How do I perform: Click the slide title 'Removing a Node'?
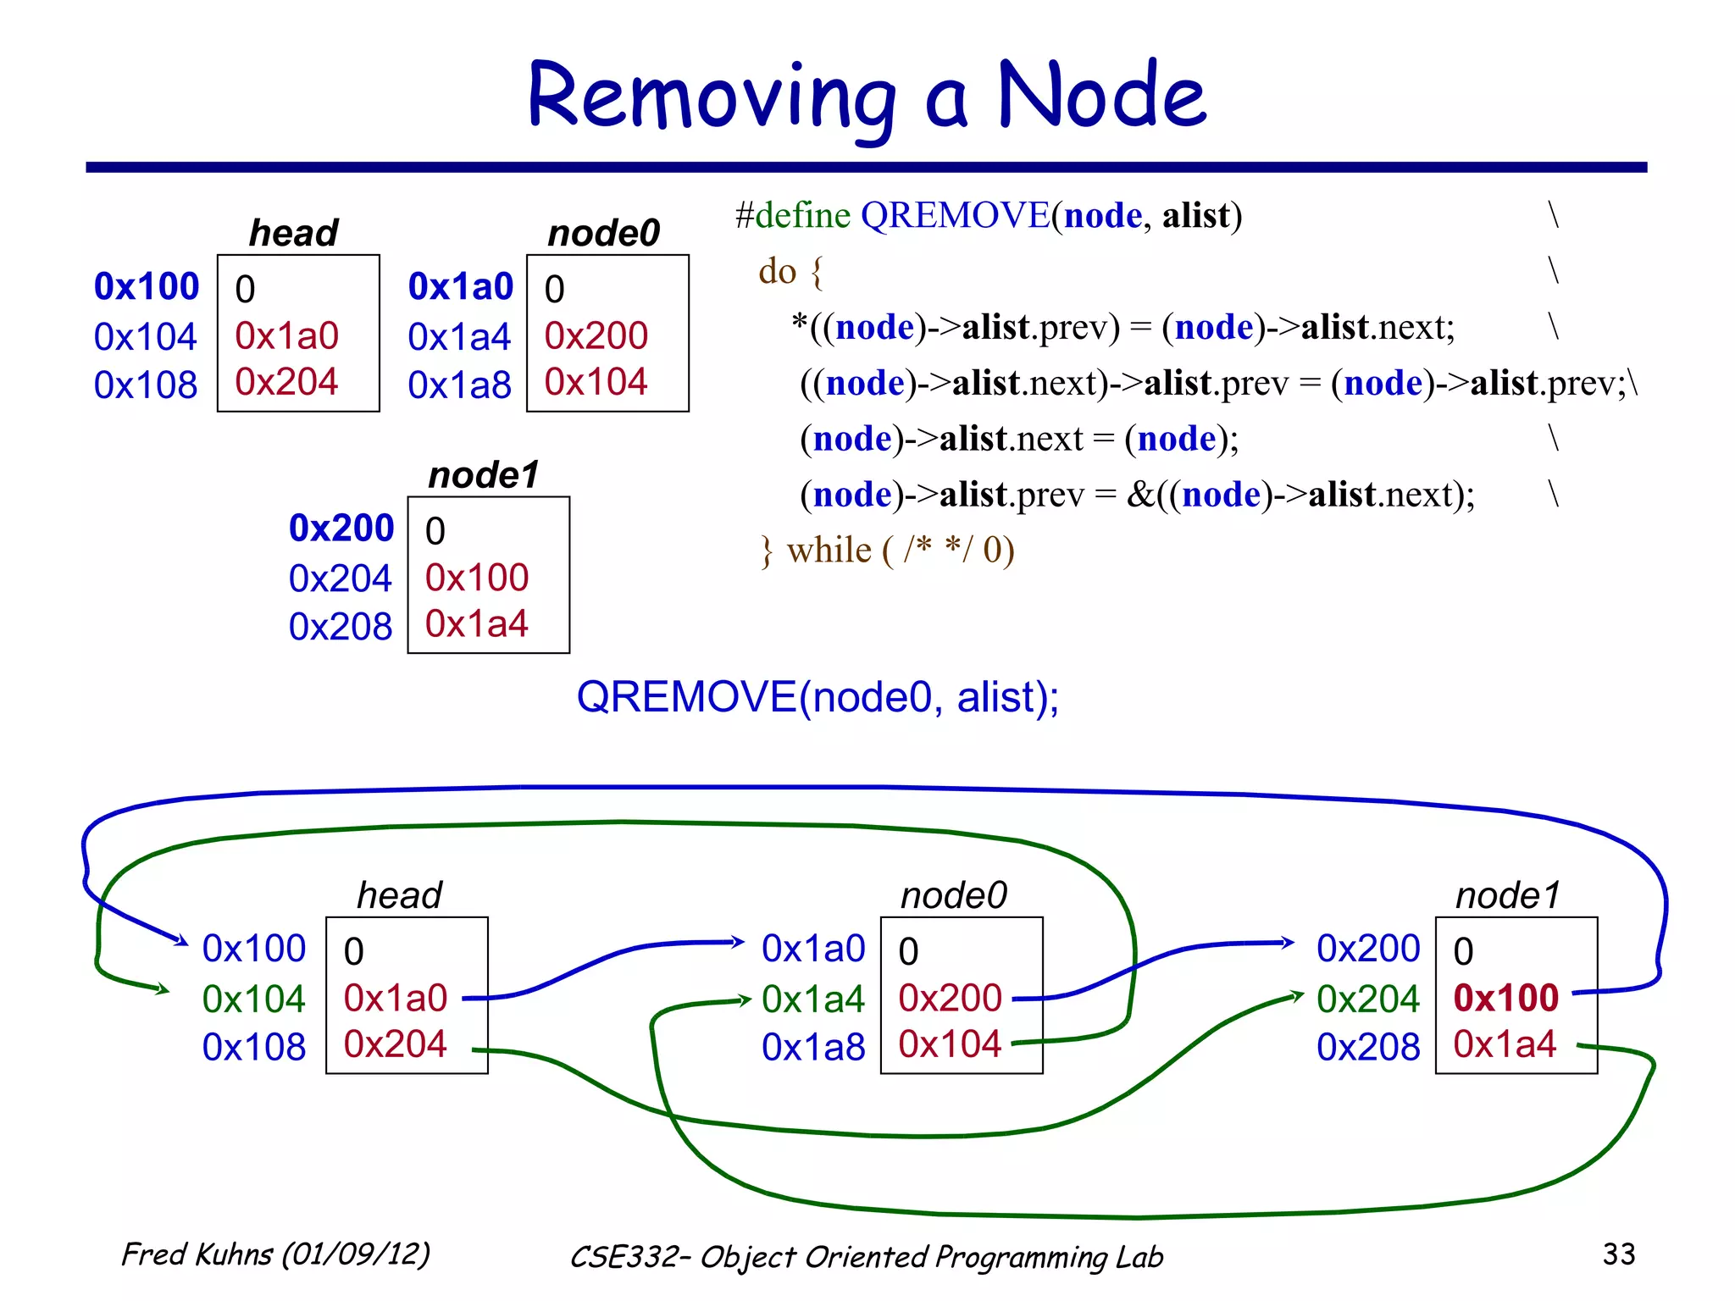pyautogui.click(x=866, y=95)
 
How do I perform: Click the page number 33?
pyautogui.click(x=1618, y=1254)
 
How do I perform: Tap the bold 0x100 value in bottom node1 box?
pyautogui.click(x=1505, y=998)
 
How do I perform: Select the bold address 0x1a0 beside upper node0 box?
pyautogui.click(x=460, y=286)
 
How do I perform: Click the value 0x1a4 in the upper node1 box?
pyautogui.click(x=476, y=623)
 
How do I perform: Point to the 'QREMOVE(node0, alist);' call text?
pyautogui.click(x=817, y=697)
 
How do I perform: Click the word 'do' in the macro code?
pyautogui.click(x=777, y=271)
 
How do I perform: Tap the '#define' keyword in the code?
pyautogui.click(x=792, y=215)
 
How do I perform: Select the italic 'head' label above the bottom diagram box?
pyautogui.click(x=399, y=895)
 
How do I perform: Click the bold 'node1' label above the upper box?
pyautogui.click(x=484, y=474)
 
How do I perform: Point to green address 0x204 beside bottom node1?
pyautogui.click(x=1367, y=999)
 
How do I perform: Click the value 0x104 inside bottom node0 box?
pyautogui.click(x=950, y=1044)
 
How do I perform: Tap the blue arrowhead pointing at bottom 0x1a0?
pyautogui.click(x=739, y=941)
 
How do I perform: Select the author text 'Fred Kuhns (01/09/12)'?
pyautogui.click(x=275, y=1254)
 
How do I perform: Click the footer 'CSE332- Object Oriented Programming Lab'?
pyautogui.click(x=866, y=1257)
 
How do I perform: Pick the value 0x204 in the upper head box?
pyautogui.click(x=286, y=382)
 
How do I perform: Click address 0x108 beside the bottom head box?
pyautogui.click(x=253, y=1047)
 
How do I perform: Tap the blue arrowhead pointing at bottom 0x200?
pyautogui.click(x=1289, y=942)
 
